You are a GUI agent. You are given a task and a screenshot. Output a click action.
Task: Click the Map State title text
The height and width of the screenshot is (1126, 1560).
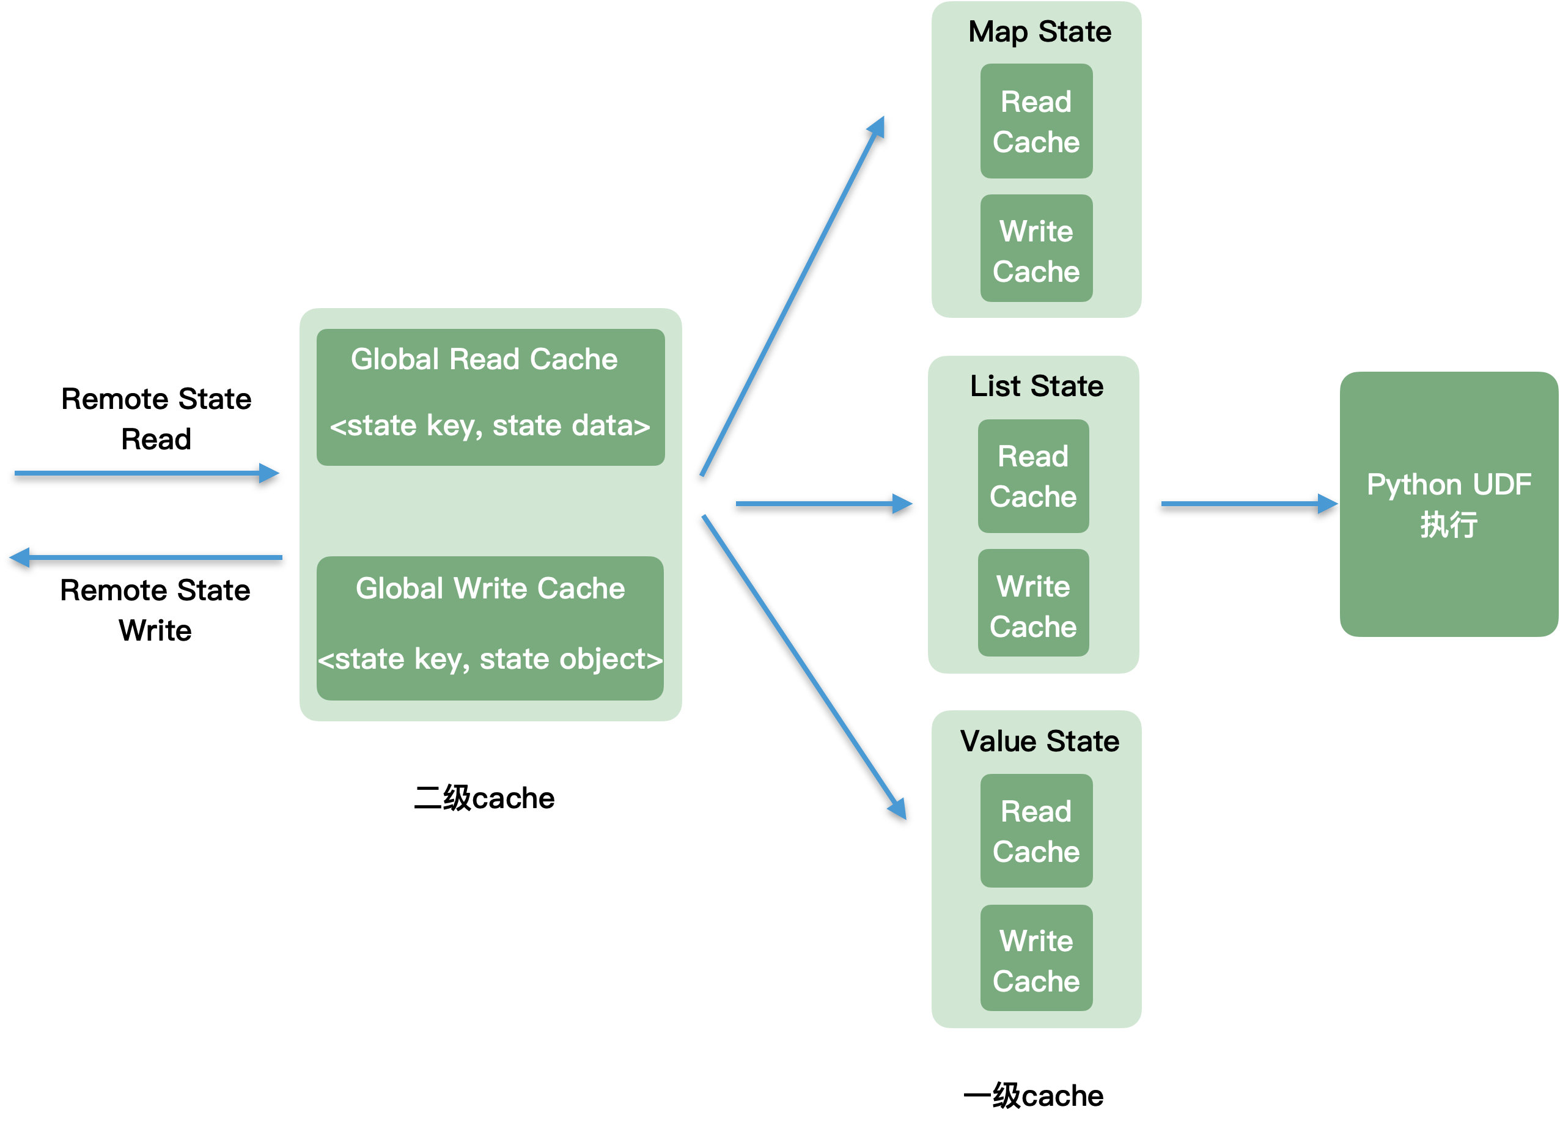[1039, 32]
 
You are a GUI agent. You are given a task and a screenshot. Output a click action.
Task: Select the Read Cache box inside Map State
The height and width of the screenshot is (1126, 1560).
[1036, 121]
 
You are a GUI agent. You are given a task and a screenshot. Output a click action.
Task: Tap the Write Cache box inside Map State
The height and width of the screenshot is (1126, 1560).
[1036, 248]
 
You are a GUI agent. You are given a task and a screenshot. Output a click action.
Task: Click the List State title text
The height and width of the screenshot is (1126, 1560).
[1036, 386]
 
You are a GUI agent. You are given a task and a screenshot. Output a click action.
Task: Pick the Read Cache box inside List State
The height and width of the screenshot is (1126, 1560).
[1033, 476]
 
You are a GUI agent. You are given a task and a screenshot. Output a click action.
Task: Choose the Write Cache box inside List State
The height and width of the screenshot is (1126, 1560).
[1033, 603]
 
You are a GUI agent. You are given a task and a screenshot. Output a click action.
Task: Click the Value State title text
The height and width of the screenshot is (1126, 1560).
[1039, 741]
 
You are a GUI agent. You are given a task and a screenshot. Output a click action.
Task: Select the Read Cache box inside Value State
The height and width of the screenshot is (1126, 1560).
[1036, 831]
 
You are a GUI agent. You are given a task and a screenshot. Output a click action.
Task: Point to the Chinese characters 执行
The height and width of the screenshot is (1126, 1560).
[1449, 525]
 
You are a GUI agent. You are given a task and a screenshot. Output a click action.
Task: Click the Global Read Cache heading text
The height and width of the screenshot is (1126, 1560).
[484, 359]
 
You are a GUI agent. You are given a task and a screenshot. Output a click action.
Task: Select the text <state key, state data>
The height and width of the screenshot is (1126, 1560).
[490, 426]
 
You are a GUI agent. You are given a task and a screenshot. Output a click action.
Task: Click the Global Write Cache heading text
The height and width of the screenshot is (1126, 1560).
[490, 588]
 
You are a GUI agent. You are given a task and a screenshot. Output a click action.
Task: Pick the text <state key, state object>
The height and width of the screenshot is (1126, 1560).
[490, 659]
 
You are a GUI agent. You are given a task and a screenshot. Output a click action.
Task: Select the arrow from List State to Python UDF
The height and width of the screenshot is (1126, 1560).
[1248, 504]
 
